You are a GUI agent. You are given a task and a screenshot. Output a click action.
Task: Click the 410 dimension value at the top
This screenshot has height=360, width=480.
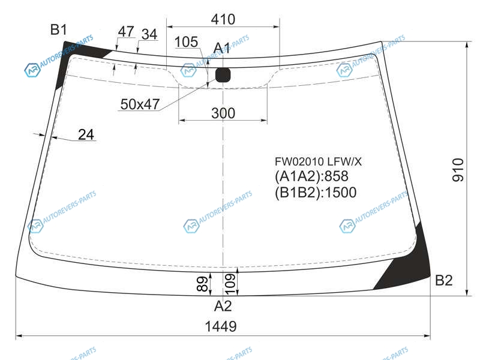point(223,20)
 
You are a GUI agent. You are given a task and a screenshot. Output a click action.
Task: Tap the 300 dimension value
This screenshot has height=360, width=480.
point(223,113)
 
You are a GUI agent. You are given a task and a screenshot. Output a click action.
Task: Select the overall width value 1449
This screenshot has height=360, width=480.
point(221,326)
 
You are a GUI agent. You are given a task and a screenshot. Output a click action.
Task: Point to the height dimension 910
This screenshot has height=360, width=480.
point(458,170)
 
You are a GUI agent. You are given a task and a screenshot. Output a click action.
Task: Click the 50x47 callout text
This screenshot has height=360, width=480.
point(140,104)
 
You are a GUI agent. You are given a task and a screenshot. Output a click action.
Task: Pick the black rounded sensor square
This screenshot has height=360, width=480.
point(223,75)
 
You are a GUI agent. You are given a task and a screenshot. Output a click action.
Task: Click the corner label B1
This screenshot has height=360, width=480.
point(58,29)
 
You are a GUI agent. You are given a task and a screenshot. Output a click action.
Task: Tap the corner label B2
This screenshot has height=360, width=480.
point(443,280)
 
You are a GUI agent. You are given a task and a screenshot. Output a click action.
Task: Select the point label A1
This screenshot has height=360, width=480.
point(221,48)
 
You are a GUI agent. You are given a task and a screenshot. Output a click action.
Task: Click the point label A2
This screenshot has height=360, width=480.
point(223,306)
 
